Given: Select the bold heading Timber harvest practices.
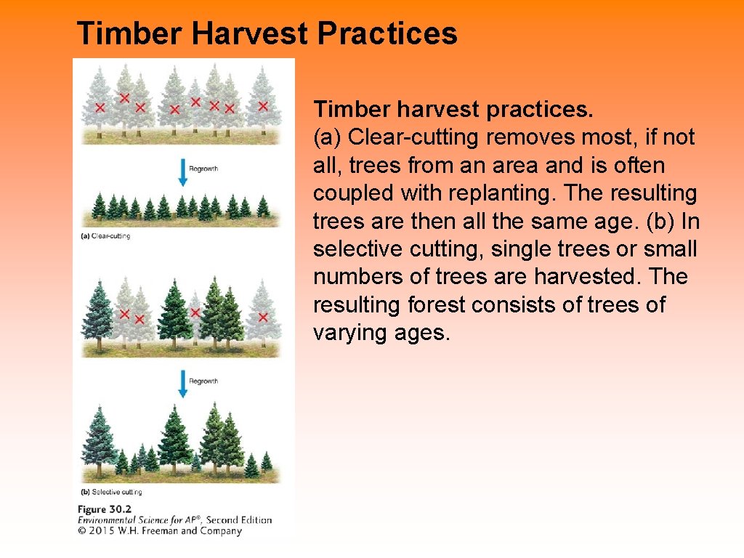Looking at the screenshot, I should click(x=453, y=110).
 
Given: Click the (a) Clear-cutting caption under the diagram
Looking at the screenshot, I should click(x=105, y=236).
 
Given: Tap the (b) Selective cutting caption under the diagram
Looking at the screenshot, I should click(x=111, y=492).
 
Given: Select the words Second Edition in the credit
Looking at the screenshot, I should click(x=239, y=519).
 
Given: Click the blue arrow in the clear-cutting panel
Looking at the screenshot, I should click(x=182, y=173).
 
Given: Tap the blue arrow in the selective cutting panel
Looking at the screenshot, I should click(x=182, y=384).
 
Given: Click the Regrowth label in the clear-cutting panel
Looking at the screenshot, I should click(x=203, y=169).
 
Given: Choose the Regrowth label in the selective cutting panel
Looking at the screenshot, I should click(x=203, y=381).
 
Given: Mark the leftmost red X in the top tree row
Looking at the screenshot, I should click(x=100, y=108).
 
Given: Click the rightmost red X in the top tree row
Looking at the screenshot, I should click(x=263, y=106).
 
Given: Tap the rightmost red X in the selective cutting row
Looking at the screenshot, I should click(x=263, y=317).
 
